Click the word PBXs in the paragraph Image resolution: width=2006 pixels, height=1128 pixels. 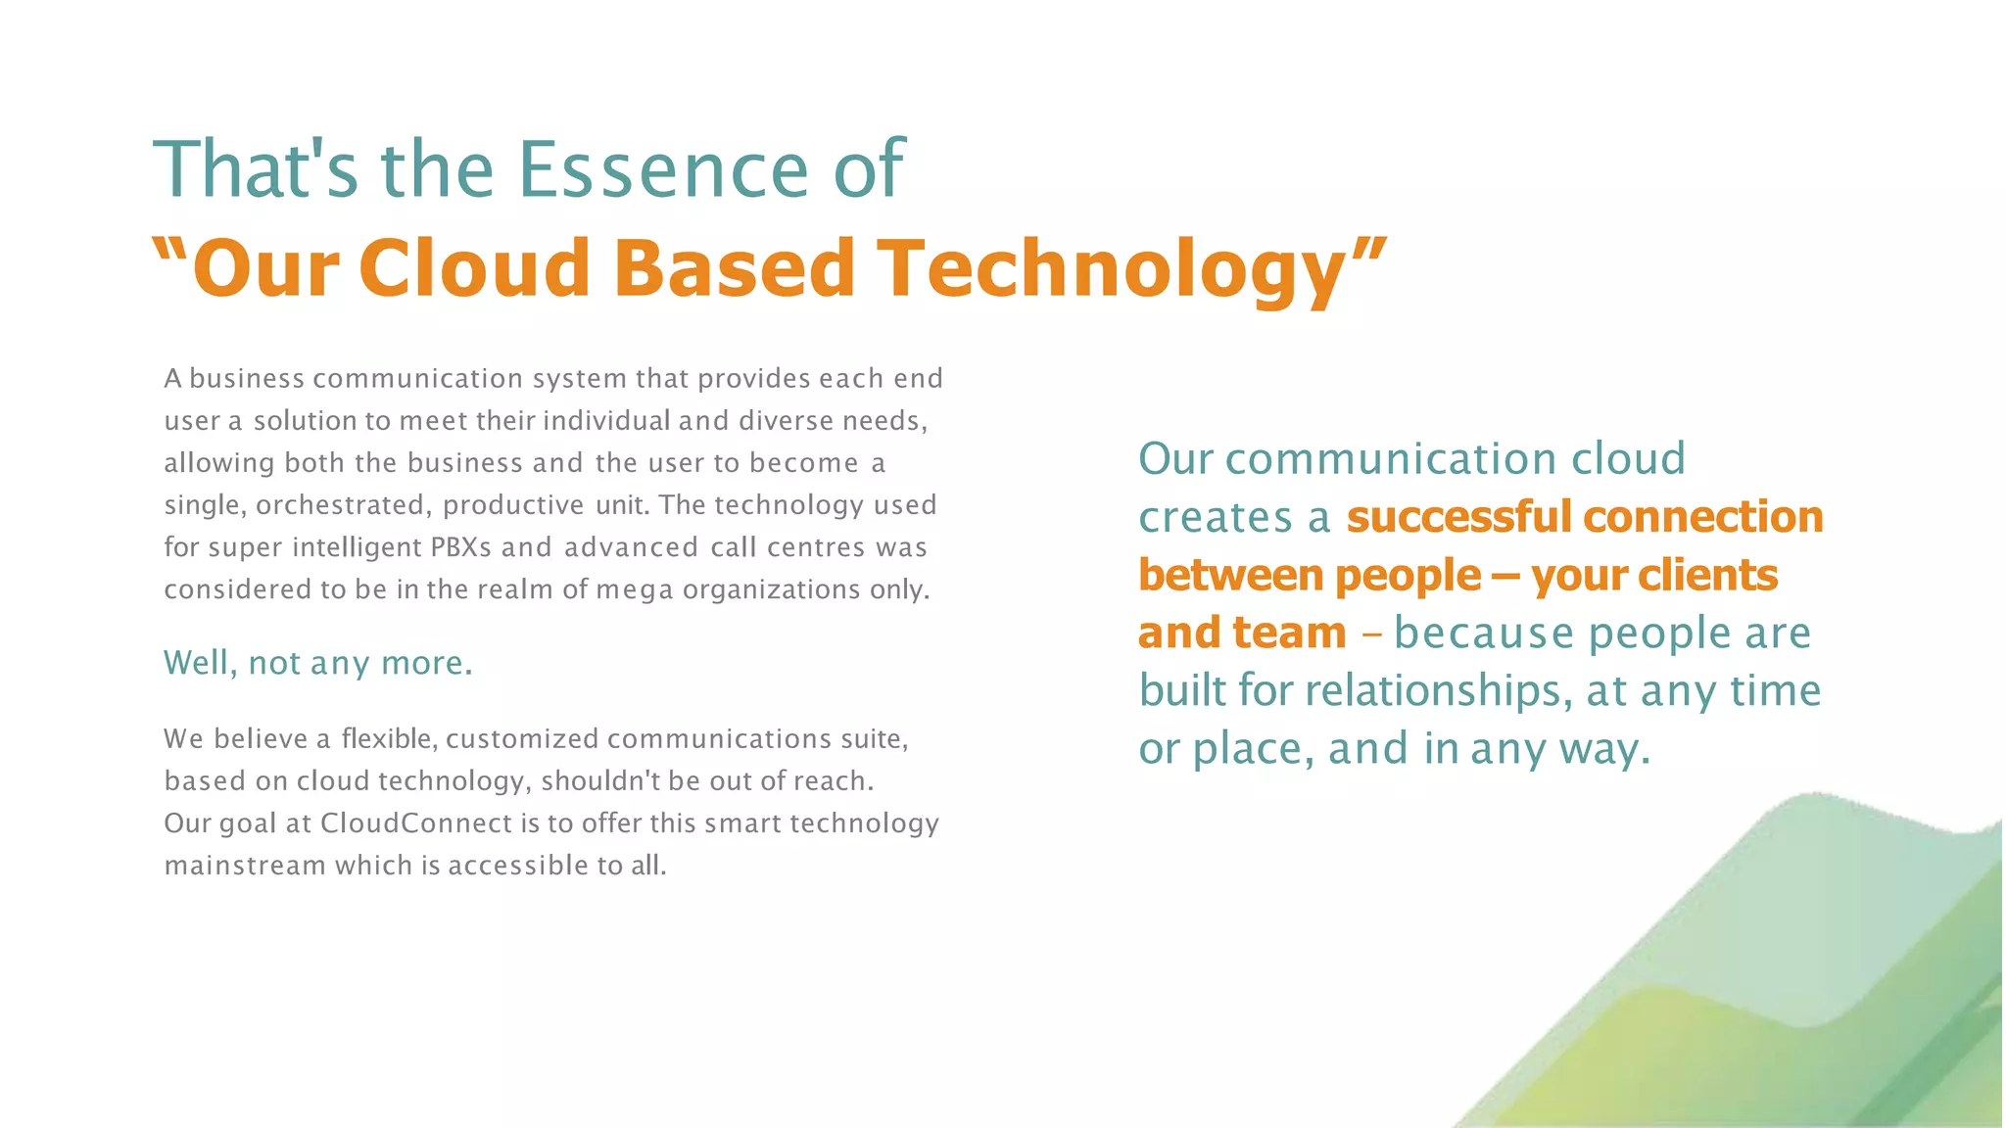click(460, 547)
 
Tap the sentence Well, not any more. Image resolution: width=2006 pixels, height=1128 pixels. click(318, 663)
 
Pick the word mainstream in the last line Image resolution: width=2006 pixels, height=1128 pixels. click(245, 866)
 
